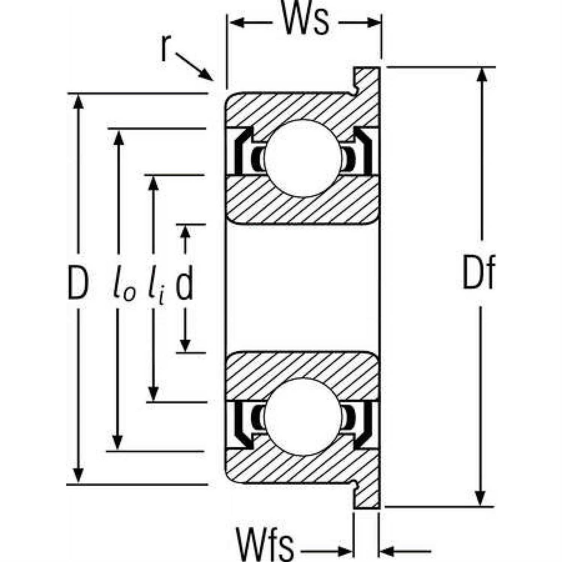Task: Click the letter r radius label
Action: tap(164, 49)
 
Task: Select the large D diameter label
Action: tap(78, 284)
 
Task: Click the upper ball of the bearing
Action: tap(302, 158)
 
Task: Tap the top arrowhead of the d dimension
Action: tap(185, 232)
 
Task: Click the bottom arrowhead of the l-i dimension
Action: tap(153, 393)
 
